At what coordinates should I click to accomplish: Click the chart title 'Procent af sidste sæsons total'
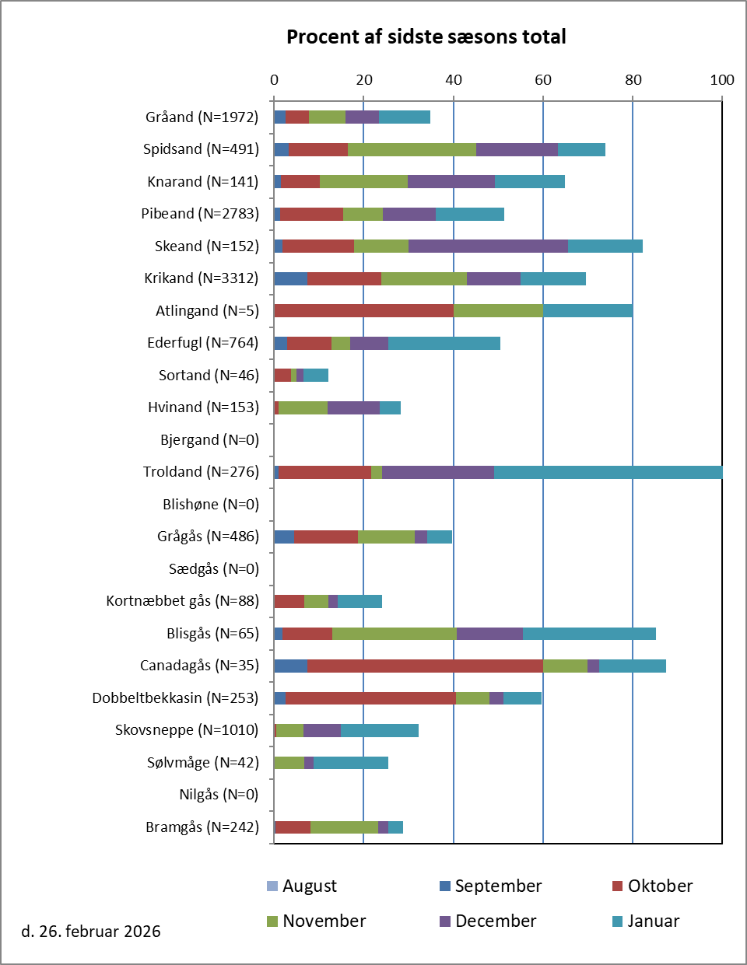click(426, 37)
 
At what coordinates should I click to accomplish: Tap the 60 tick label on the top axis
click(543, 79)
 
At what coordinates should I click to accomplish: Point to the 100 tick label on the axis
click(722, 79)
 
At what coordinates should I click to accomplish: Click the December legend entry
click(487, 921)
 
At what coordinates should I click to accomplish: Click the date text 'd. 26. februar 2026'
click(91, 931)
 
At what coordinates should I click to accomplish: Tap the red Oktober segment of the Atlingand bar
click(363, 310)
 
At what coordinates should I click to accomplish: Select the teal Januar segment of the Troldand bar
click(608, 471)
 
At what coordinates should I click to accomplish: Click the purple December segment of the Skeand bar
click(488, 246)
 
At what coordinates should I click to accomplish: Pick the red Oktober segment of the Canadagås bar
click(425, 666)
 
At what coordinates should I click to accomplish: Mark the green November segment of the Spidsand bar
click(412, 149)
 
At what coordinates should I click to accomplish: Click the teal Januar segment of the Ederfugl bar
click(444, 343)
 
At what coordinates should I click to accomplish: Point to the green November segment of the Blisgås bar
click(395, 633)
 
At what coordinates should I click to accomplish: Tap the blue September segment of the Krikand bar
click(291, 278)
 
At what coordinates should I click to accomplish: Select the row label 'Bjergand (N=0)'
click(209, 439)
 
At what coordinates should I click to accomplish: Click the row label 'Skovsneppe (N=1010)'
click(187, 729)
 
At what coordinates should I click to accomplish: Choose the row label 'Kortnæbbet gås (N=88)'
click(182, 600)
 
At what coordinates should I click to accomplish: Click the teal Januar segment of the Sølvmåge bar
click(351, 762)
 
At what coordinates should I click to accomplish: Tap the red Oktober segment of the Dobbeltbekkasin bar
click(370, 698)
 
